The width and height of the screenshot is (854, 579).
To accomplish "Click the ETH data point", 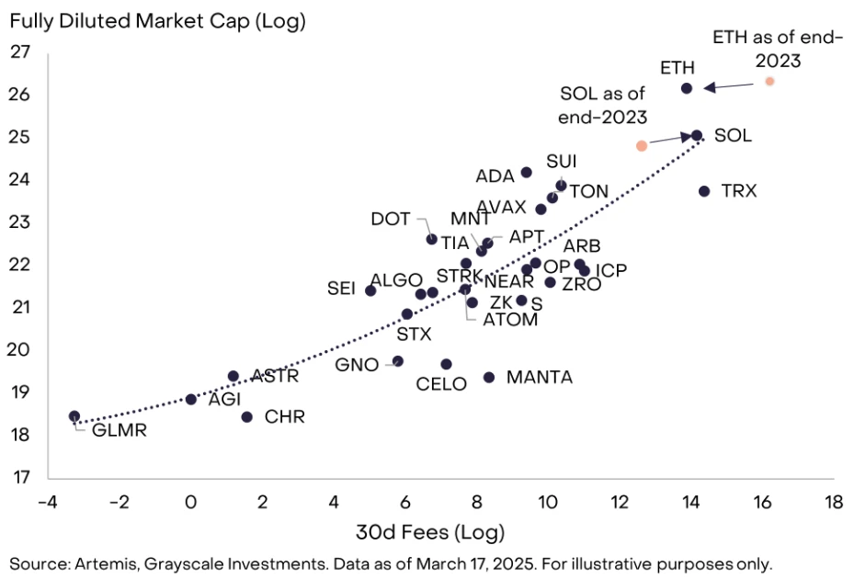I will (686, 88).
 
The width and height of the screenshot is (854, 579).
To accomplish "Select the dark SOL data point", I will (697, 135).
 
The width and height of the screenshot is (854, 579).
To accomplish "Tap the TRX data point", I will (704, 191).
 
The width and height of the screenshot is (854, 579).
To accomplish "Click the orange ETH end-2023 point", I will (769, 82).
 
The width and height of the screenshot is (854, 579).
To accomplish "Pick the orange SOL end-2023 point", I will (642, 145).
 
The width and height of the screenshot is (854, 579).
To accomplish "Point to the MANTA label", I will (540, 377).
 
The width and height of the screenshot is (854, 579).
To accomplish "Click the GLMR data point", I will (74, 416).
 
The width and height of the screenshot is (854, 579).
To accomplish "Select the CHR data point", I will (246, 417).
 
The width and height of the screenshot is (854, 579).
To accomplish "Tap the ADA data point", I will (526, 172).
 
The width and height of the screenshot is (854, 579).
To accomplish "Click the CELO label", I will (441, 385).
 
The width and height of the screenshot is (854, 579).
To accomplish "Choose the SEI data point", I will (370, 290).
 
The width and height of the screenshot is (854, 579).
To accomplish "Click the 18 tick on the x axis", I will (833, 503).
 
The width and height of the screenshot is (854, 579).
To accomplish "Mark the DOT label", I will (391, 220).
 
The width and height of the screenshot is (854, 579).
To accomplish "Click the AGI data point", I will (191, 399).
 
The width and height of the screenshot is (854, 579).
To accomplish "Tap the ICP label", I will (611, 271).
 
